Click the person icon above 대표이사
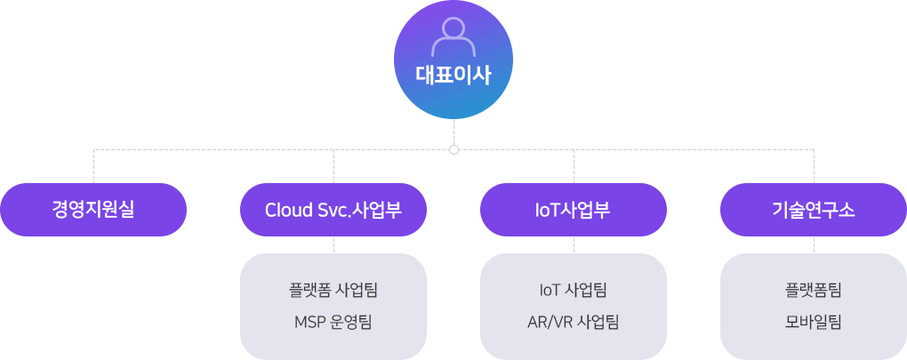pos(453,36)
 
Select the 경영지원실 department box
pos(93,210)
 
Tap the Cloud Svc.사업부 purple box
pos(333,210)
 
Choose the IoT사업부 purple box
pos(574,210)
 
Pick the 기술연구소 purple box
pos(814,210)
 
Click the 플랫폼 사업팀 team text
pos(333,290)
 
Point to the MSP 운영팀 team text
pos(333,322)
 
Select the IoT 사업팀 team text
pos(574,290)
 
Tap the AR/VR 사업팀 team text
pos(574,322)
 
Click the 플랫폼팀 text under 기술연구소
pos(814,290)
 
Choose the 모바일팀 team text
pos(814,322)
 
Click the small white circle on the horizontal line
pos(453,149)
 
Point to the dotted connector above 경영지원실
pos(93,165)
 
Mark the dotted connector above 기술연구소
pos(814,165)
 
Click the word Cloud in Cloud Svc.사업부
pos(285,210)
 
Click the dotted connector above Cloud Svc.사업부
pos(333,165)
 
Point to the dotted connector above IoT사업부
pos(574,165)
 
